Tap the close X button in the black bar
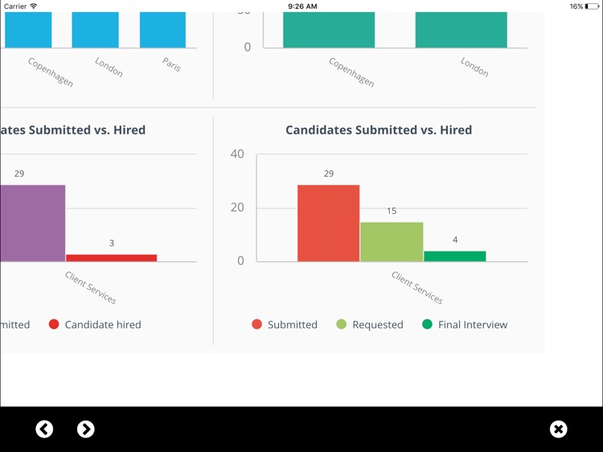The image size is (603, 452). click(559, 429)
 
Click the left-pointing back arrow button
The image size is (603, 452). click(45, 429)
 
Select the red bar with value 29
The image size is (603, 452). click(328, 223)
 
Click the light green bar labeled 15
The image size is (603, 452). click(392, 241)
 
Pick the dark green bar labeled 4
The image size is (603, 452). click(455, 256)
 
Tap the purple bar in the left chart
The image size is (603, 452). click(32, 223)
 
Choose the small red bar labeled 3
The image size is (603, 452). click(111, 257)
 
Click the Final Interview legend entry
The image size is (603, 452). click(465, 325)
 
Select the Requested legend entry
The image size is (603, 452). click(370, 325)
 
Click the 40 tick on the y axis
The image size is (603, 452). click(237, 154)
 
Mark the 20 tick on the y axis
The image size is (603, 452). click(237, 208)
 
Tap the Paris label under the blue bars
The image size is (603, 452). click(172, 64)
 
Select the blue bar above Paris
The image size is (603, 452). click(162, 30)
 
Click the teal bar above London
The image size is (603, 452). click(461, 30)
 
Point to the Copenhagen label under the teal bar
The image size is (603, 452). click(351, 72)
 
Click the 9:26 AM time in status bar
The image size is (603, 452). click(301, 6)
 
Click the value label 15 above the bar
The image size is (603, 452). click(392, 211)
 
